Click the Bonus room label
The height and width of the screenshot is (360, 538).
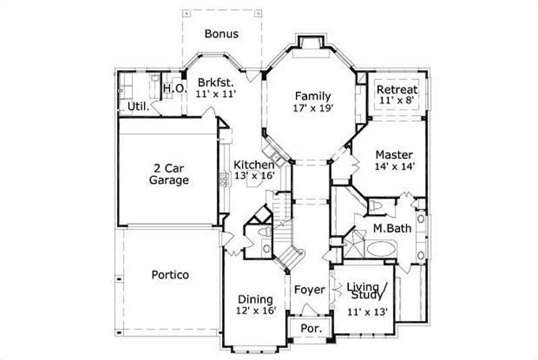(221, 34)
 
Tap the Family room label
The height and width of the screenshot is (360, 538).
(313, 96)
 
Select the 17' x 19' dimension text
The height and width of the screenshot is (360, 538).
(313, 108)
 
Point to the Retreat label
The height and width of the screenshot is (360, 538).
(397, 89)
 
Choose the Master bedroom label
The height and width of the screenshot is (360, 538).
(394, 155)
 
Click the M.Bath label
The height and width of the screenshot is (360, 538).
(392, 229)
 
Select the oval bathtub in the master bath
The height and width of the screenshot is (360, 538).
(382, 250)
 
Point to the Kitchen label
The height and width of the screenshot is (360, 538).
(254, 165)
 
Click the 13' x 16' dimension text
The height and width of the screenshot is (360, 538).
(254, 176)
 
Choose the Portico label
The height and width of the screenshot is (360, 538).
(169, 275)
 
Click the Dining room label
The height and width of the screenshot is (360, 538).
(256, 299)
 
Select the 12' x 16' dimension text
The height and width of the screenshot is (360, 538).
(256, 312)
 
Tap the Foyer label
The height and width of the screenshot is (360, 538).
(309, 290)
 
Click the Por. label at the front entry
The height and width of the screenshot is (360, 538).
(310, 329)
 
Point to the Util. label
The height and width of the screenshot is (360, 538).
(138, 106)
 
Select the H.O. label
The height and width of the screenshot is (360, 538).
(174, 88)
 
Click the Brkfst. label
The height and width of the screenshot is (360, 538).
(215, 83)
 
